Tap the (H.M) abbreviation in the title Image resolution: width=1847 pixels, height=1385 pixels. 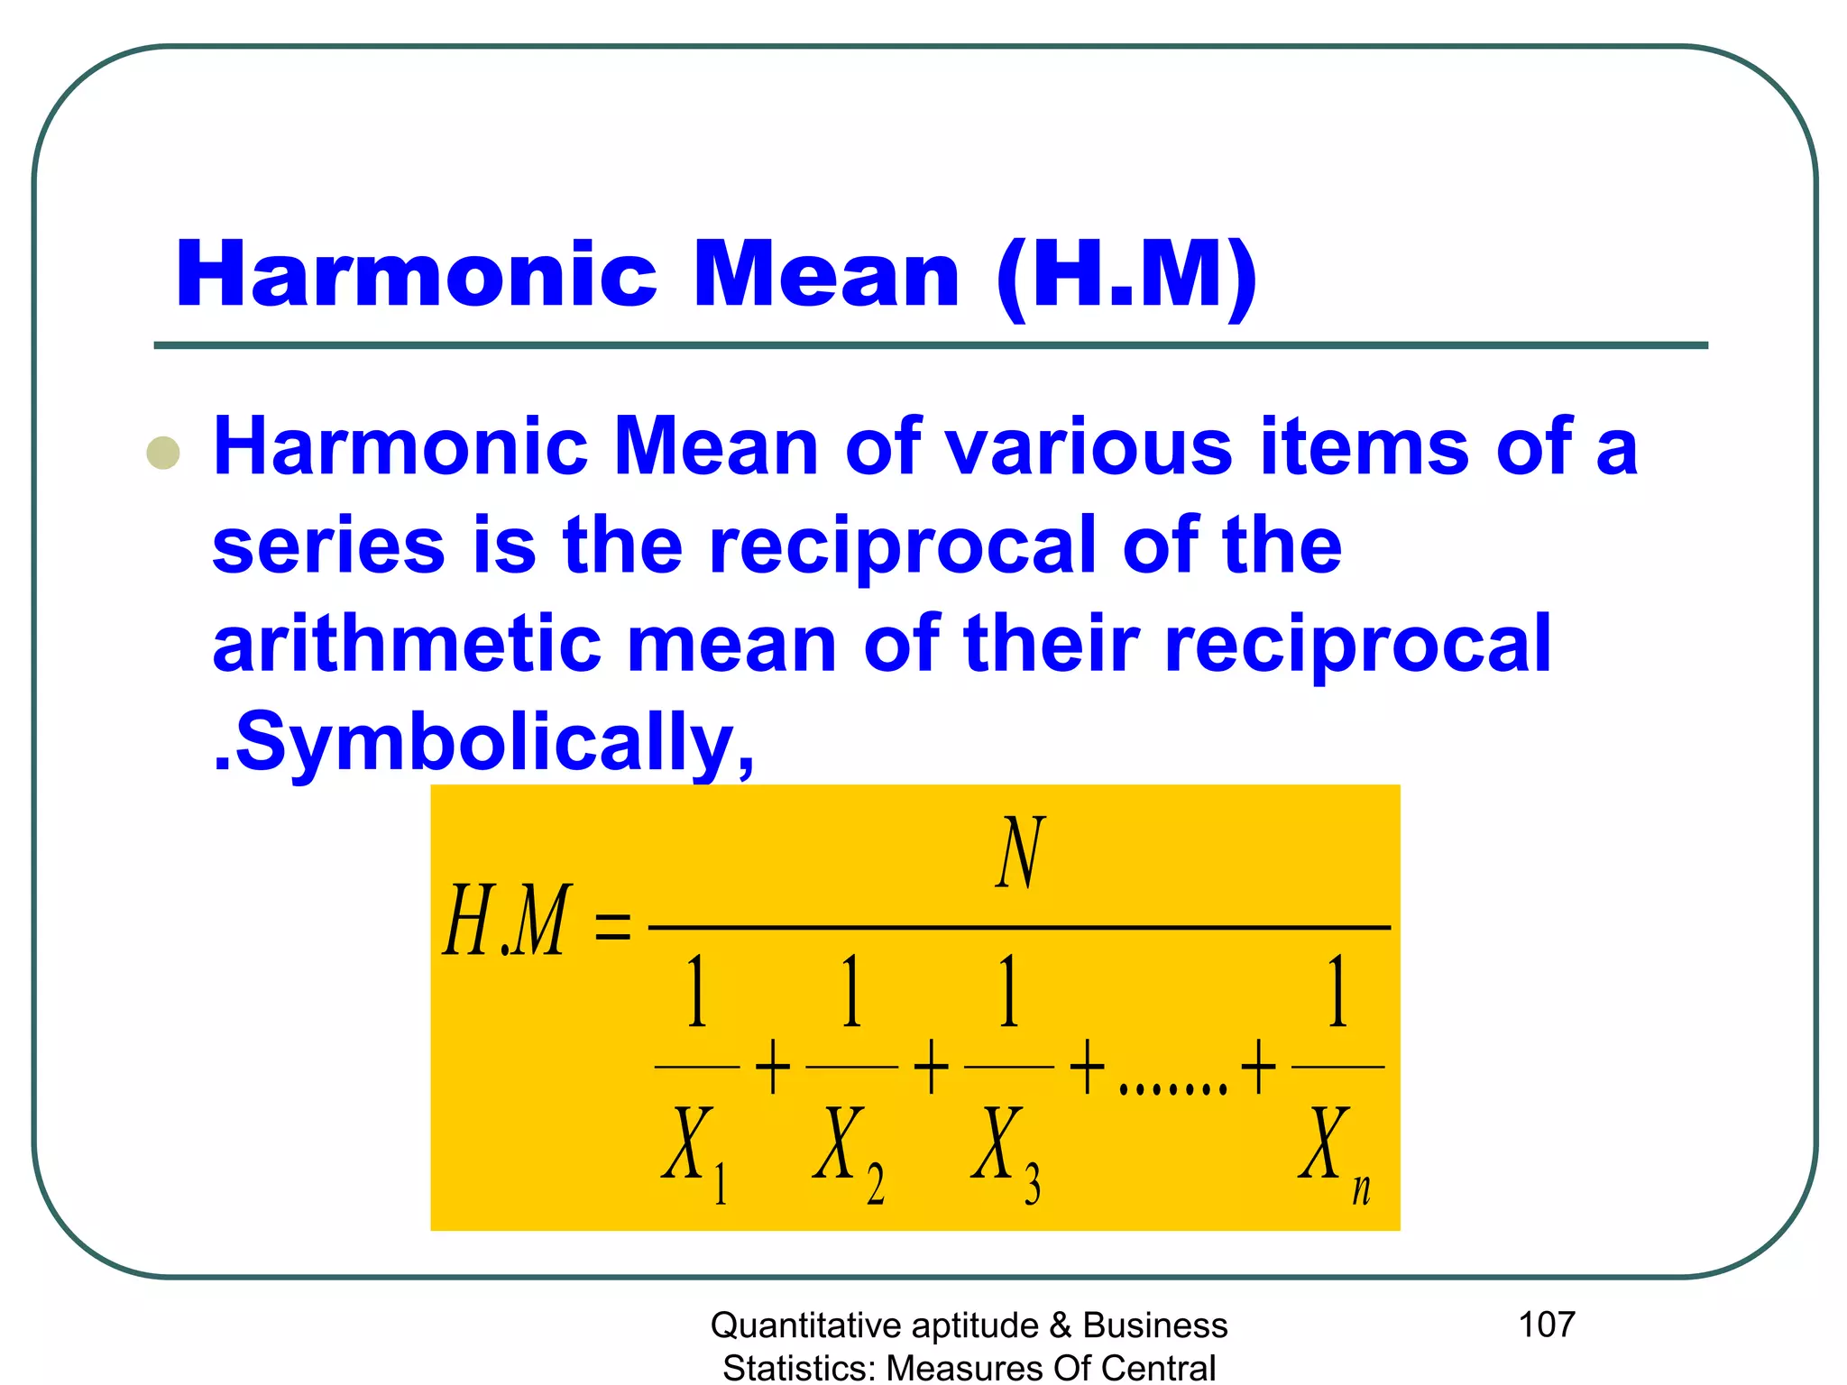point(1127,276)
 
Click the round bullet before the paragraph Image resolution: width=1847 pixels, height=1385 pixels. point(163,453)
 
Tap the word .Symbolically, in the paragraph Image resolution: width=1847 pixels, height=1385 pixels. point(483,742)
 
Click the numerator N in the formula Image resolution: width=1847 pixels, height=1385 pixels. point(1020,852)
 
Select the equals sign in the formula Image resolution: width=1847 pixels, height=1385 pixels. point(613,926)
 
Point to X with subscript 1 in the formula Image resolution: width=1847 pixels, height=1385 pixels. point(694,1150)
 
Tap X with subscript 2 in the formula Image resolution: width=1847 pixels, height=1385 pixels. point(848,1150)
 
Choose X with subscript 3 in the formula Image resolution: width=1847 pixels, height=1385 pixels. point(1006,1150)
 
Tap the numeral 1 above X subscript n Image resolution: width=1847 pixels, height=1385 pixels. point(1337,991)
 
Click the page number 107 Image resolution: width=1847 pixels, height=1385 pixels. point(1547,1324)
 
